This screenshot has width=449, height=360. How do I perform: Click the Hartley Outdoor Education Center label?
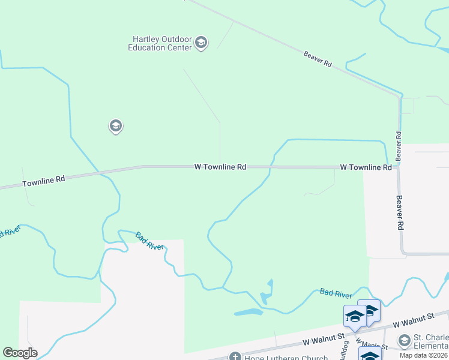click(160, 43)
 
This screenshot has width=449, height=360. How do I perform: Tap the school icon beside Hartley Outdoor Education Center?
click(201, 43)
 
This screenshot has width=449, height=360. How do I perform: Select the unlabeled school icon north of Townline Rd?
click(115, 126)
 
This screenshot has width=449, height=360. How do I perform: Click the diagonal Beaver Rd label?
click(318, 58)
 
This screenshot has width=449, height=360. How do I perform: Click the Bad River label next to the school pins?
click(336, 293)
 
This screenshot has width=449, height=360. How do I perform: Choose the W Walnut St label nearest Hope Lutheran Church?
click(323, 340)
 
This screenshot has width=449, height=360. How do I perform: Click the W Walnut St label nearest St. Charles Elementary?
click(413, 320)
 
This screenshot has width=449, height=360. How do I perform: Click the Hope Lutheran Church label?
click(279, 357)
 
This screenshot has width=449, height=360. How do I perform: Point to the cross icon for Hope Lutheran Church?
click(235, 357)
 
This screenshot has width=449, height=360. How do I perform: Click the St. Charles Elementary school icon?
click(404, 341)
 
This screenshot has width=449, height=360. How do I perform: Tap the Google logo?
click(20, 353)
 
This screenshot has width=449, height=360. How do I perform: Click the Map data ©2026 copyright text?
click(423, 355)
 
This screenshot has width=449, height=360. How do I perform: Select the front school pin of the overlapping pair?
click(355, 316)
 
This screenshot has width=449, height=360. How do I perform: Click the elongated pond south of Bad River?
click(249, 312)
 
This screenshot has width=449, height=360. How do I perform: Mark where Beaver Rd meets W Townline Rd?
click(399, 167)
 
